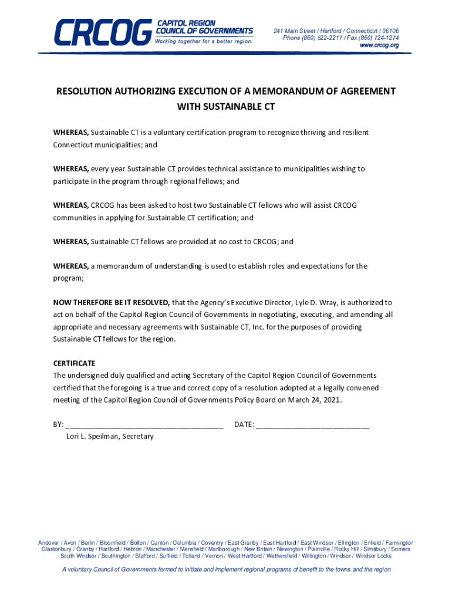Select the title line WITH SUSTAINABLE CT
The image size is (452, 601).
(226, 107)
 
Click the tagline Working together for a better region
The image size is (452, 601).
(204, 42)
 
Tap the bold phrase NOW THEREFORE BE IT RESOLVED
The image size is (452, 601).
(112, 303)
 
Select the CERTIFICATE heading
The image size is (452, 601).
(74, 363)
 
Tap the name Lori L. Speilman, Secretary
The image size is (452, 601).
(110, 437)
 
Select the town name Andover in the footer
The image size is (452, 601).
(49, 543)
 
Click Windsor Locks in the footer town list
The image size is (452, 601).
(373, 556)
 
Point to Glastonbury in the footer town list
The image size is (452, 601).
(56, 549)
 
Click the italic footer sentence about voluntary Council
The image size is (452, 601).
(226, 570)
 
